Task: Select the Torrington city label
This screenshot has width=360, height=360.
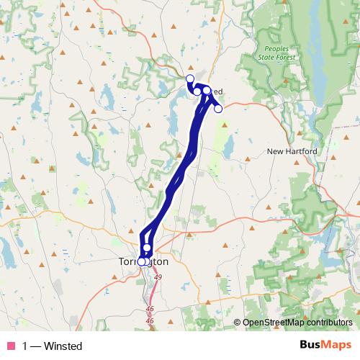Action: click(x=143, y=262)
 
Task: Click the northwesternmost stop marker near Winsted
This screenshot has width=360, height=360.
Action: click(x=190, y=78)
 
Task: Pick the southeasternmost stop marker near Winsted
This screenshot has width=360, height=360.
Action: click(x=218, y=109)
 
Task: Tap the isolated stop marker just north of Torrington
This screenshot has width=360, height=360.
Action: click(x=147, y=248)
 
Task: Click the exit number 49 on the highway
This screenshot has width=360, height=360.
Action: click(x=158, y=277)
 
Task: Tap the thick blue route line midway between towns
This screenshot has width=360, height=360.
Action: click(x=180, y=173)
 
